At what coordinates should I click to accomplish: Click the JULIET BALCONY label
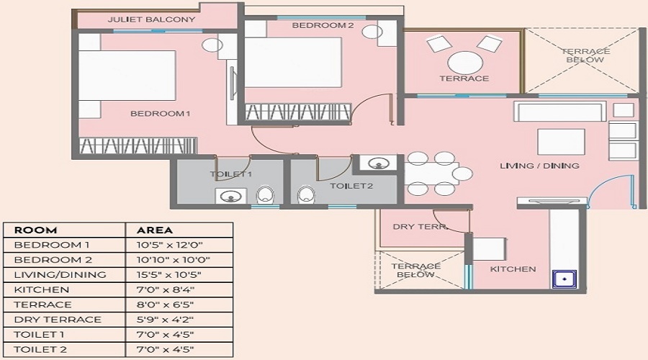(x=151, y=19)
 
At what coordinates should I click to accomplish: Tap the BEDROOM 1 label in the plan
(x=160, y=113)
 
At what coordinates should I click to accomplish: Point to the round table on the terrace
(x=464, y=60)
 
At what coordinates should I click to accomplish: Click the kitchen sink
(x=564, y=279)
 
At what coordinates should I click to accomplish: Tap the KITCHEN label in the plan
(x=513, y=269)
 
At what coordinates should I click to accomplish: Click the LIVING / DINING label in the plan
(x=539, y=166)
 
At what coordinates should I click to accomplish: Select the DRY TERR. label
(x=420, y=227)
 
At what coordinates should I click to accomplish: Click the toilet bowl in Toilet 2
(x=306, y=194)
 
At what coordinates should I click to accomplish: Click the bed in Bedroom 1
(x=127, y=77)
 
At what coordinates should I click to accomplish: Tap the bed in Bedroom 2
(x=293, y=62)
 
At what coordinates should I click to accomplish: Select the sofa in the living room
(x=559, y=112)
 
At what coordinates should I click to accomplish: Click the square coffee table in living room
(x=560, y=142)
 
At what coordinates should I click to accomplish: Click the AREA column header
(x=155, y=230)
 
